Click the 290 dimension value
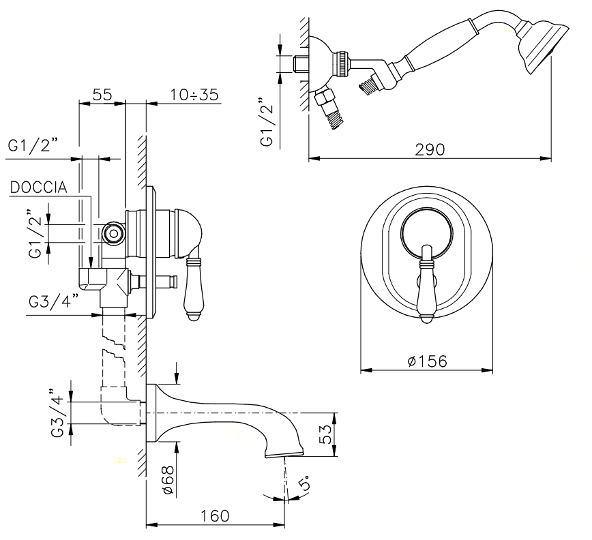click(431, 149)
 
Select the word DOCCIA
click(38, 187)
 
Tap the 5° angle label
click(305, 483)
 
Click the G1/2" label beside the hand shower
click(268, 123)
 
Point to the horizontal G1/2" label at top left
click(33, 146)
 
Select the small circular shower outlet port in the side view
click(113, 234)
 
